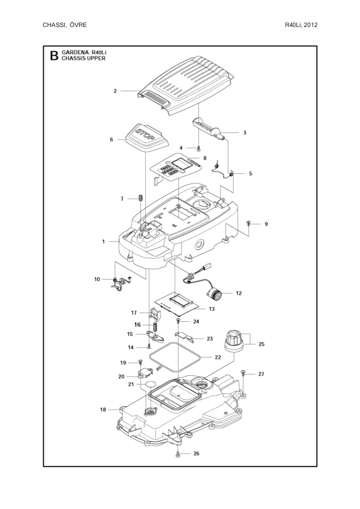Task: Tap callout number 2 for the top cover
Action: (115, 91)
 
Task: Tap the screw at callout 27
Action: (244, 373)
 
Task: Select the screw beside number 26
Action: (178, 454)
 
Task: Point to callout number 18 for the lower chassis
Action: (103, 410)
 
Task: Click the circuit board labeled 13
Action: (176, 303)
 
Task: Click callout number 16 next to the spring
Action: (137, 325)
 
